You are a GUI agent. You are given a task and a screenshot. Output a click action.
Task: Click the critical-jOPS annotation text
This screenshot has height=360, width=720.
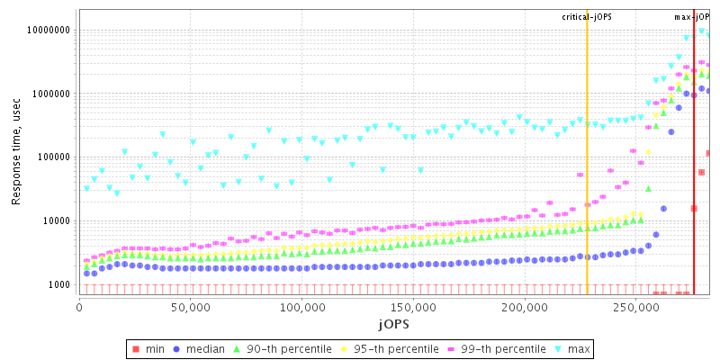[587, 17]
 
